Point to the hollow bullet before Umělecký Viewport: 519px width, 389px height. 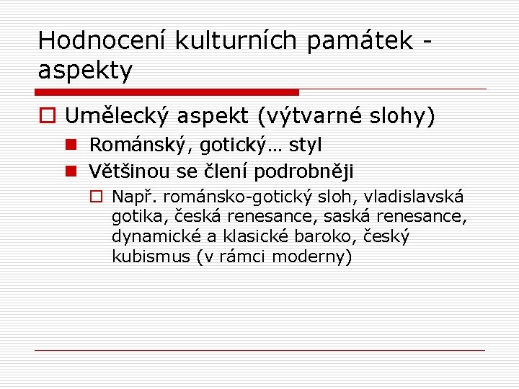click(x=48, y=115)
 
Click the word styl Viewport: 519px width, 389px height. click(x=306, y=145)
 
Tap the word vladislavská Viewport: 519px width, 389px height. click(x=414, y=197)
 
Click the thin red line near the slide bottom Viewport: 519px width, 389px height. click(x=259, y=350)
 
